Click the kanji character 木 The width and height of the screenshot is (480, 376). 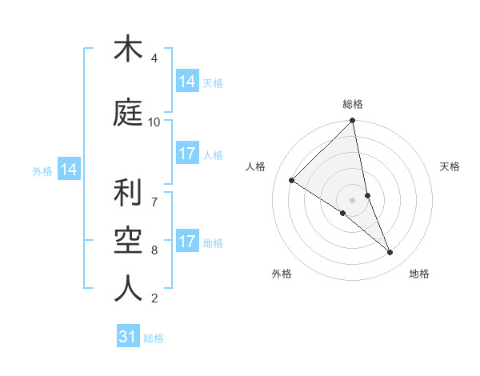[x=128, y=50]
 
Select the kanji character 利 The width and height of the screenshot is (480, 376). [x=128, y=193]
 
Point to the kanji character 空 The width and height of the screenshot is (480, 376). [x=128, y=241]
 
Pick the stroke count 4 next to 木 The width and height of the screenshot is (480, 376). [x=154, y=58]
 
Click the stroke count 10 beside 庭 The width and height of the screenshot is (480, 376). [x=154, y=122]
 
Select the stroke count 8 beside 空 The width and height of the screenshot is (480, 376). [x=154, y=250]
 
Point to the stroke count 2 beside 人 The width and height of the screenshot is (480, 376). [x=154, y=298]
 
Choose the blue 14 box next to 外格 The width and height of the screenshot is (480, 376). [x=68, y=170]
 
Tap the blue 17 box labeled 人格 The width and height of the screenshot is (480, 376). [x=187, y=154]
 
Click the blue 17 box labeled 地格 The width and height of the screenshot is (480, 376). [x=187, y=242]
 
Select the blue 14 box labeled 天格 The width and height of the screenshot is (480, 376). [x=187, y=82]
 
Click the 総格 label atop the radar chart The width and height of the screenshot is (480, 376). [x=353, y=104]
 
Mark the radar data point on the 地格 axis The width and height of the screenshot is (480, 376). [x=390, y=253]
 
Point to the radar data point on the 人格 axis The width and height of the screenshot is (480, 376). [x=292, y=180]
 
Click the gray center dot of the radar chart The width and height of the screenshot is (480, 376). [x=353, y=199]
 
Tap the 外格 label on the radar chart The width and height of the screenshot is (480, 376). [x=282, y=274]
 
